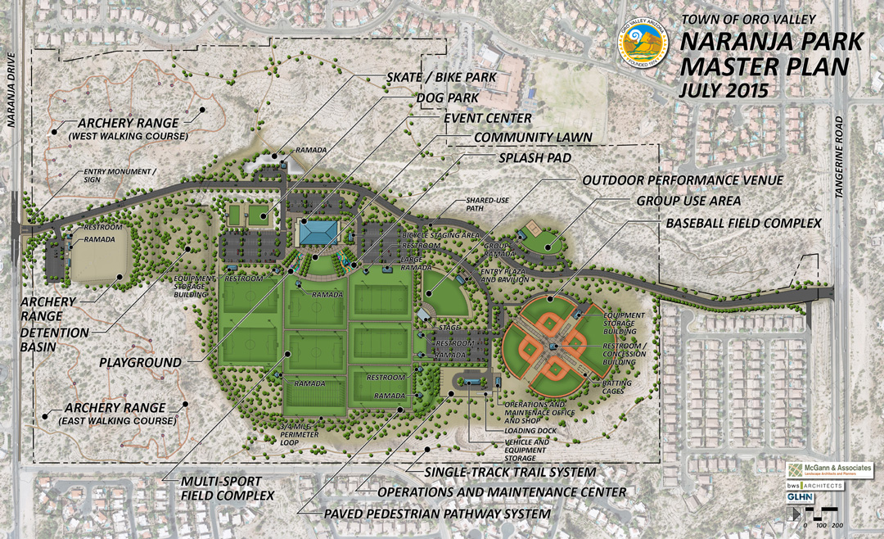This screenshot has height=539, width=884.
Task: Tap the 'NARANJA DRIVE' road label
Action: [11, 86]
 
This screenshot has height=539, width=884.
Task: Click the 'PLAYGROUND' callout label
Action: [142, 361]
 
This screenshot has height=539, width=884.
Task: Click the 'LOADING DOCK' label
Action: [525, 430]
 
